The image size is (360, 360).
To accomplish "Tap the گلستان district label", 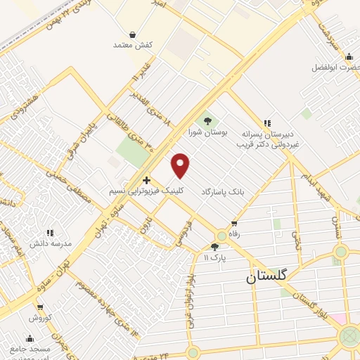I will pos(266,276).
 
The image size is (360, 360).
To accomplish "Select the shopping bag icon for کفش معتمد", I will pos(132,34).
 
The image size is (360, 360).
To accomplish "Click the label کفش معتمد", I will pos(132,45).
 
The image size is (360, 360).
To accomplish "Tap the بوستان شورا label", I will pos(205,131).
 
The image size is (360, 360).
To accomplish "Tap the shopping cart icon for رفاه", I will pos(233,223).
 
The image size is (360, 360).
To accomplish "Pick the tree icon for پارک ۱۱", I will pos(214,246).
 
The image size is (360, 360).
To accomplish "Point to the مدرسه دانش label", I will pos(50,243).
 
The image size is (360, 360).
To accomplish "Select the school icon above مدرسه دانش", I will pos(49,233).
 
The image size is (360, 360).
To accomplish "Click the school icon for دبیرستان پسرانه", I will pos(266,122).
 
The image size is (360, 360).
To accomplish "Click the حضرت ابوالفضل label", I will pos(336,67).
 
